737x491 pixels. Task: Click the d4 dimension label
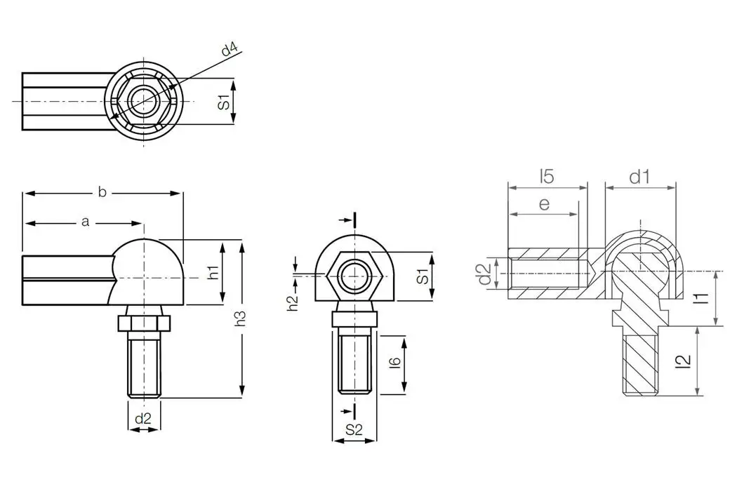click(x=230, y=50)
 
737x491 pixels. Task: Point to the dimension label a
click(x=85, y=222)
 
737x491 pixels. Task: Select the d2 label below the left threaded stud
click(x=143, y=418)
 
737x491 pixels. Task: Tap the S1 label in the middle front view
click(x=423, y=275)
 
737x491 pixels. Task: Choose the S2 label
click(x=354, y=431)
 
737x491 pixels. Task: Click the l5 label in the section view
click(x=547, y=176)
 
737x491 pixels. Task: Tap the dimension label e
click(x=544, y=203)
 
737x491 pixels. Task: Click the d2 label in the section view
click(x=483, y=274)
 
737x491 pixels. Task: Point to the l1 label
click(x=699, y=298)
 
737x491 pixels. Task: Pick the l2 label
click(x=685, y=361)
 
